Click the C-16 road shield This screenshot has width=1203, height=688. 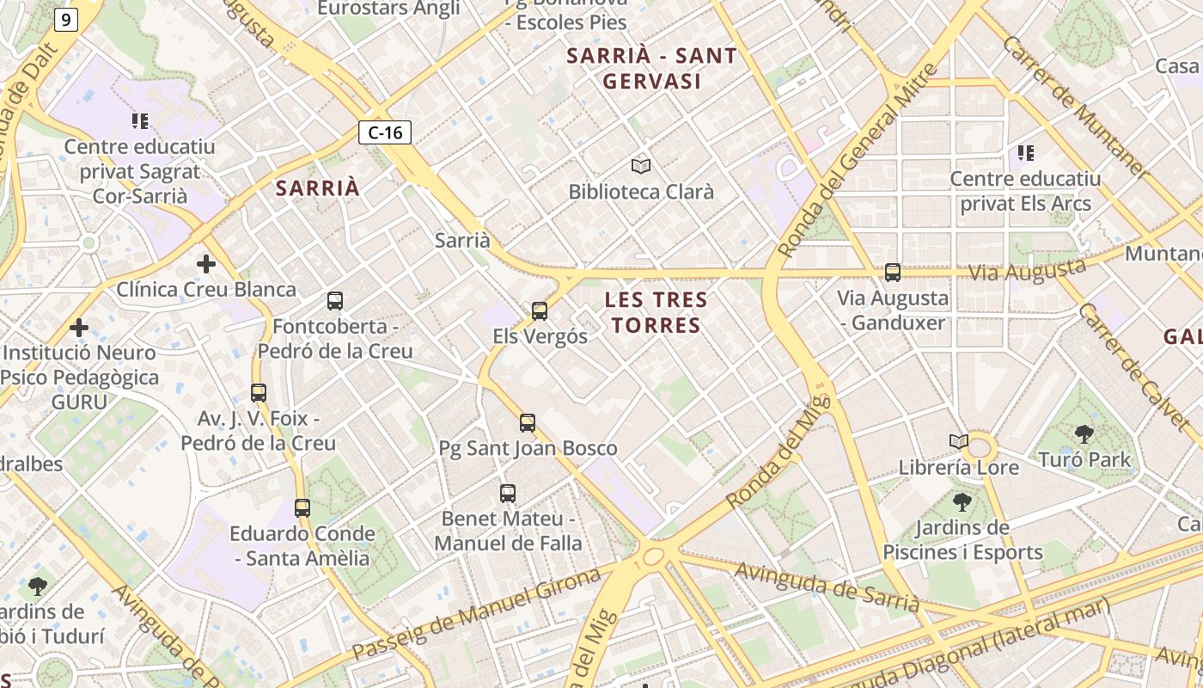(x=385, y=132)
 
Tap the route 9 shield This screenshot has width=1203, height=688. (x=66, y=20)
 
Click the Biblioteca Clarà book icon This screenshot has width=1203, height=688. (x=641, y=166)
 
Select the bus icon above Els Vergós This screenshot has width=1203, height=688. (x=540, y=310)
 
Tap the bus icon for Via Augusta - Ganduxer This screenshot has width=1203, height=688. (x=893, y=273)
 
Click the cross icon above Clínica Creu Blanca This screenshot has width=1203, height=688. (x=206, y=263)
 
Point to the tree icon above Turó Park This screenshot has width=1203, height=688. (x=1084, y=434)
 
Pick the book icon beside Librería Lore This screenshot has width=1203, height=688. (x=959, y=442)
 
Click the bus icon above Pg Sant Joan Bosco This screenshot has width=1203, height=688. (x=528, y=422)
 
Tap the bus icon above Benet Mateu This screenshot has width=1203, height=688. (x=508, y=494)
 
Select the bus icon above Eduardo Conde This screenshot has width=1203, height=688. (x=302, y=507)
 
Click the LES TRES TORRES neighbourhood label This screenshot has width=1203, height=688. (x=656, y=312)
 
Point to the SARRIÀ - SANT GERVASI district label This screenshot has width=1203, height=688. (x=652, y=69)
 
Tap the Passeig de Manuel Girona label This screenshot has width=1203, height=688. (x=477, y=614)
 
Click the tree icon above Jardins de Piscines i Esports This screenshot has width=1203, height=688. (x=962, y=501)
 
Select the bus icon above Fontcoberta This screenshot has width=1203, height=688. (x=335, y=301)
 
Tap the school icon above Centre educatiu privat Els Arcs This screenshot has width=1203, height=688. (x=1025, y=153)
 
